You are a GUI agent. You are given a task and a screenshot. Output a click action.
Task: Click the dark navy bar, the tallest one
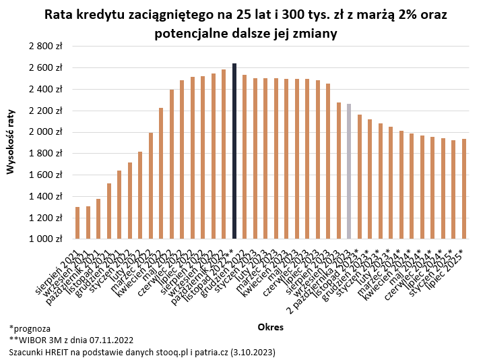(234, 151)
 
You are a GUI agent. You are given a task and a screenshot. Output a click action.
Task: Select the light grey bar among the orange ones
(348, 171)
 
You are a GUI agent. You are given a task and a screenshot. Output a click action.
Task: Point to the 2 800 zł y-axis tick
(45, 47)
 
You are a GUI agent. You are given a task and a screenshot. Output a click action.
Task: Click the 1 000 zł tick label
(45, 239)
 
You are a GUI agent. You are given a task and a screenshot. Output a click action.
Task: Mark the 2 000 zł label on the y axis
(45, 132)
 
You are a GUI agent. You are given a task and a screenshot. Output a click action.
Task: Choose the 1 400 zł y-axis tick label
(45, 196)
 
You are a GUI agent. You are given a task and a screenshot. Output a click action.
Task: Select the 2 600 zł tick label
(45, 68)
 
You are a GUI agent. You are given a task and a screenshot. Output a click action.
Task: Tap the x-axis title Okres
(270, 327)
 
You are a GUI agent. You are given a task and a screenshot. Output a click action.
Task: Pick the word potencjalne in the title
(192, 33)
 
